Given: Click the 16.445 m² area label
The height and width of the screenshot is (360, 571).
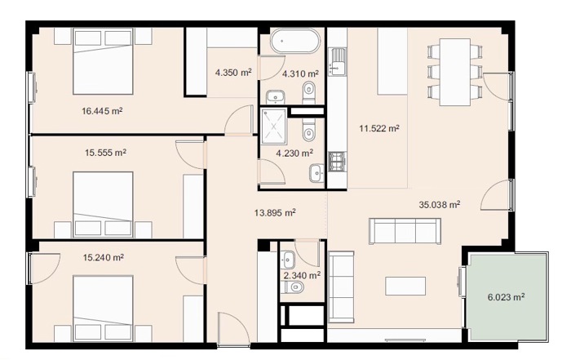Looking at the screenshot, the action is (102, 111).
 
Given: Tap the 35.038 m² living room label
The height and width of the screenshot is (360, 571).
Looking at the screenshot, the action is (439, 204).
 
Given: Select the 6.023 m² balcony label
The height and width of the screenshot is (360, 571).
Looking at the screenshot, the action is (507, 297).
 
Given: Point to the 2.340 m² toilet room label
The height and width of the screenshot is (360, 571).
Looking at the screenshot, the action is (302, 275).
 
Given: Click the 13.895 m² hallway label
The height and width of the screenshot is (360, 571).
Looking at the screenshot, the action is (275, 212).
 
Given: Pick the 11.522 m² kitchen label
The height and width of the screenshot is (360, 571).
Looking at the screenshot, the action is (379, 128).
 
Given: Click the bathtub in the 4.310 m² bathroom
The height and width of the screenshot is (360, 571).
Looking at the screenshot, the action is (295, 41).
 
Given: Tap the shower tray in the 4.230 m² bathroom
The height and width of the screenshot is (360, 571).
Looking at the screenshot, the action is (274, 126).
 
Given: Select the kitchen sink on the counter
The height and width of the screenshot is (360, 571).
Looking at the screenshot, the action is (337, 62).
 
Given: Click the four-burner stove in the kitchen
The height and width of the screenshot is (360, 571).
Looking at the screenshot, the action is (337, 162).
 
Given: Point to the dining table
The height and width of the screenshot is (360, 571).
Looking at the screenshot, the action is (455, 72).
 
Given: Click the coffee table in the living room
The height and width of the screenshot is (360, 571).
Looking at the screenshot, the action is (405, 286).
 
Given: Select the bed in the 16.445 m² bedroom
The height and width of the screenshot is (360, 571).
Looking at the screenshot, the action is (103, 62).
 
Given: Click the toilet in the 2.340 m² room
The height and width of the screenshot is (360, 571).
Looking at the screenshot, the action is (295, 287).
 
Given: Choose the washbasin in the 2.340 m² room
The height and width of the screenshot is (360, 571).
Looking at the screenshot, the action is (288, 260).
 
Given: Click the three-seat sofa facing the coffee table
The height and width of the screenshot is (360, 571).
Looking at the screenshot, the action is (405, 231).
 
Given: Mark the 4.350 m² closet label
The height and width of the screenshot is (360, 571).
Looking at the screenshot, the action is (233, 72).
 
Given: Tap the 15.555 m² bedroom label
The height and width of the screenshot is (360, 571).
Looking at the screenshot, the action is (105, 153).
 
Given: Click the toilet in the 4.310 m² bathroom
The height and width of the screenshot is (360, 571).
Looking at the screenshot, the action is (309, 91).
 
